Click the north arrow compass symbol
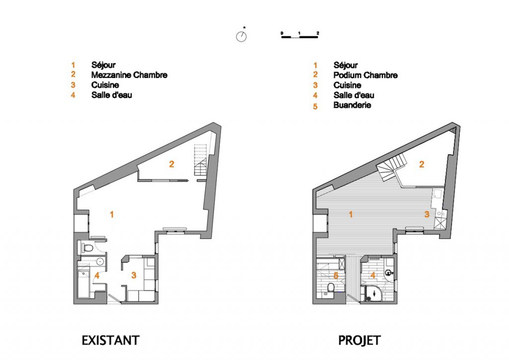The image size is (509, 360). [241, 37]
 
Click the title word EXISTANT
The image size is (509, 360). [110, 340]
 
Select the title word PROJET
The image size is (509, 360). [359, 340]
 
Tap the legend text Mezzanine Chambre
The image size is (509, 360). [129, 75]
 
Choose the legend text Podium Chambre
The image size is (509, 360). [365, 75]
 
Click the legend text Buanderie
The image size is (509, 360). [352, 105]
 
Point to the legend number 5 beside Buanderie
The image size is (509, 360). [315, 106]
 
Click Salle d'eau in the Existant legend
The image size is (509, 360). [111, 95]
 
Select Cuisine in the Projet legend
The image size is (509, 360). [347, 85]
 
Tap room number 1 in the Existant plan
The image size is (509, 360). [112, 214]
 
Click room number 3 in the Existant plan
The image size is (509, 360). [134, 274]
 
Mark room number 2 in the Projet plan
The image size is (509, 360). [422, 164]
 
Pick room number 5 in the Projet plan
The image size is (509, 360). [336, 275]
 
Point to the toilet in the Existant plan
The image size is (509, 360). [86, 248]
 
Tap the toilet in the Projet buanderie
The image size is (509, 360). [330, 288]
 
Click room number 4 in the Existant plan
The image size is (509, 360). [97, 275]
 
